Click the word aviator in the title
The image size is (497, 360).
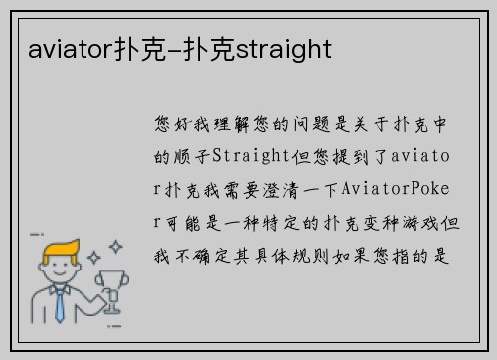57,49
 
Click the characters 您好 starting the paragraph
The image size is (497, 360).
171,124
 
